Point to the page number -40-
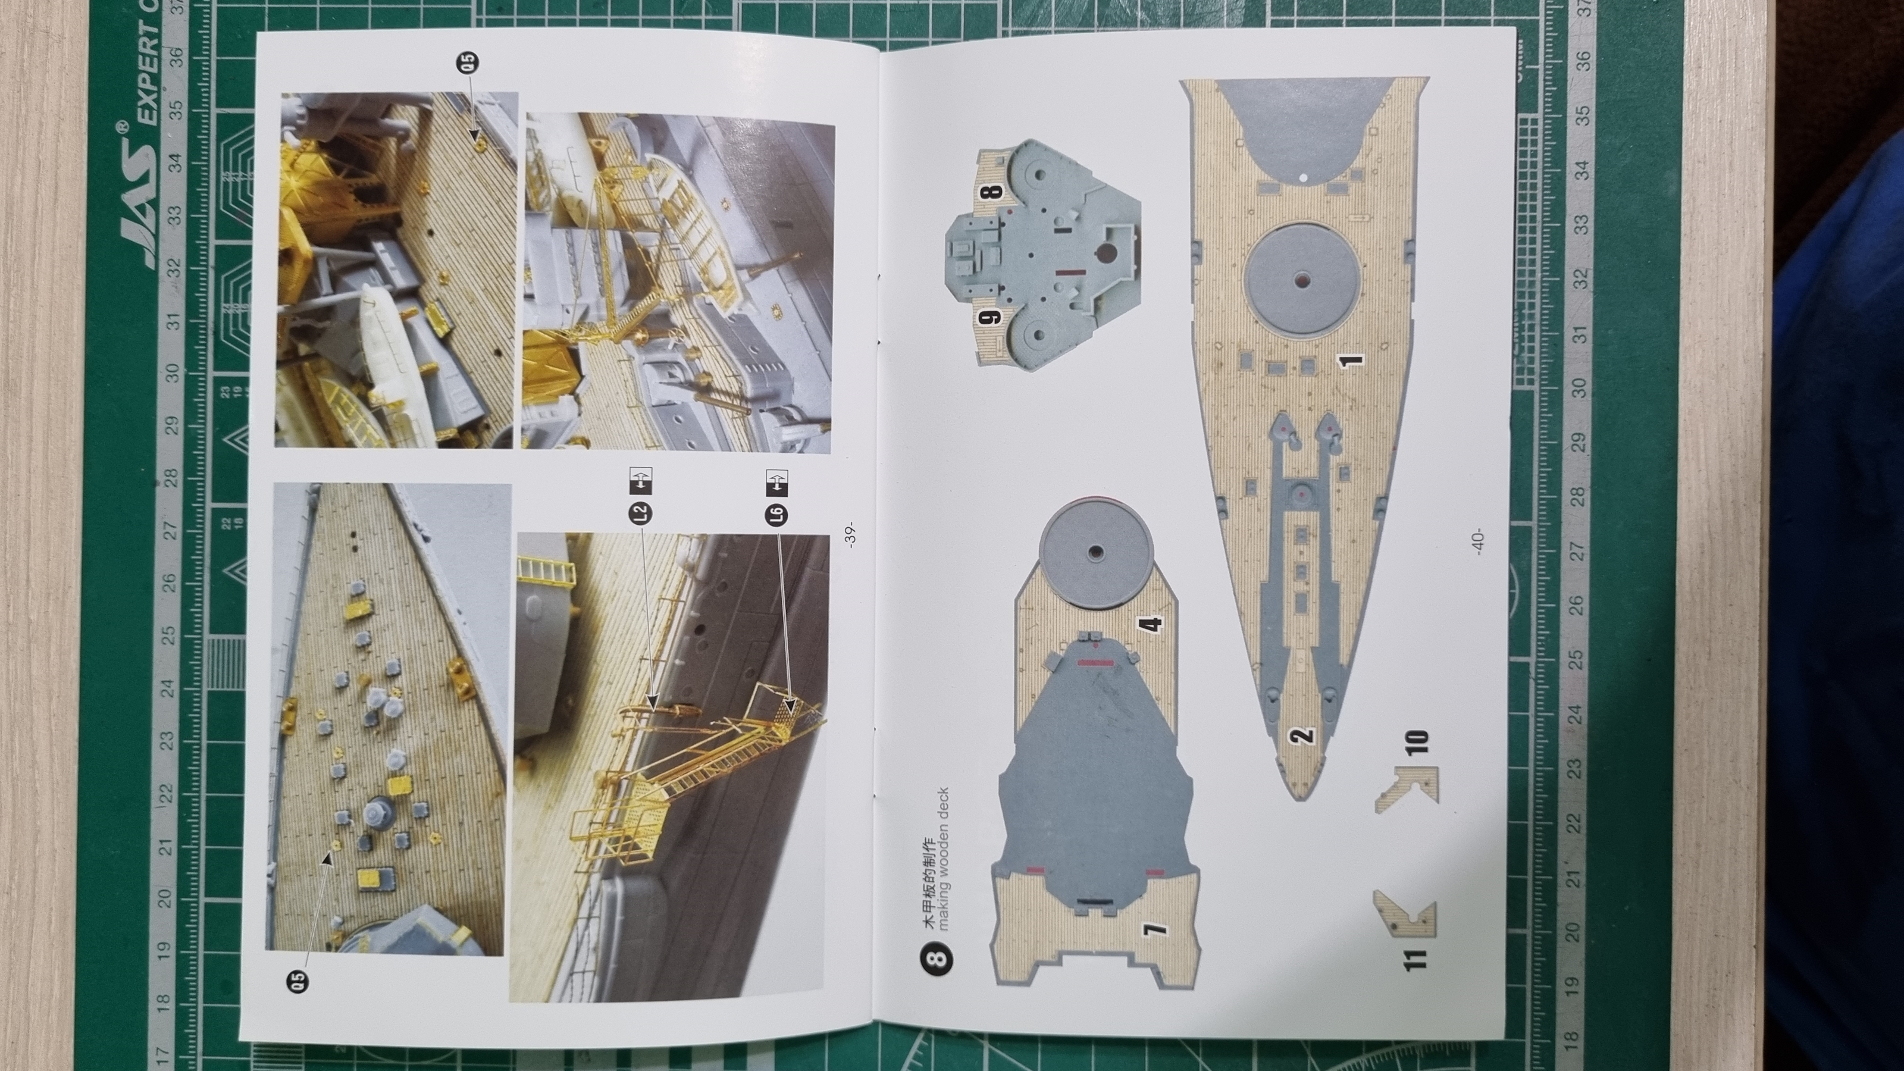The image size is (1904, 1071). [1477, 543]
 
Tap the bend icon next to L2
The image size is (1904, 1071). [640, 480]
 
